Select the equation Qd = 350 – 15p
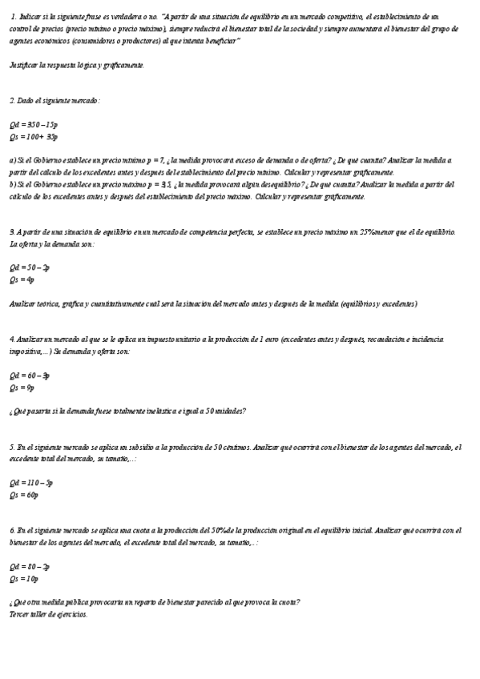[x=34, y=125]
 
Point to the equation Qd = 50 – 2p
[x=30, y=268]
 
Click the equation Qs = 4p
[x=22, y=280]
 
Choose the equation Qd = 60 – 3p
[x=30, y=375]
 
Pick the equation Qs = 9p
[x=22, y=388]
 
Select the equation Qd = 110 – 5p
[x=31, y=483]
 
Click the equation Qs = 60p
[x=24, y=495]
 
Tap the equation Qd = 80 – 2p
[x=30, y=566]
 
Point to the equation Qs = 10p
[x=24, y=578]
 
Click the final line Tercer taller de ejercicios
[x=49, y=614]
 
